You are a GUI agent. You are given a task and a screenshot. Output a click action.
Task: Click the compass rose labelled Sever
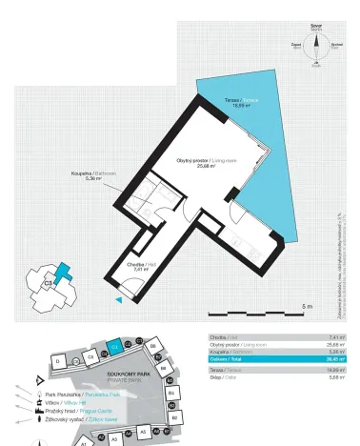pyautogui.click(x=315, y=45)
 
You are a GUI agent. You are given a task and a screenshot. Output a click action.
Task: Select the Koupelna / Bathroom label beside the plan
pyautogui.click(x=93, y=175)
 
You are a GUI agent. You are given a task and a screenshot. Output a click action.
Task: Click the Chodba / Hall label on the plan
pyautogui.click(x=139, y=267)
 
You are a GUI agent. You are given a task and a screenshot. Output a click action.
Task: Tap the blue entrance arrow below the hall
pyautogui.click(x=118, y=300)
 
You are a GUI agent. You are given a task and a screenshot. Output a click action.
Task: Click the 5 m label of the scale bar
pyautogui.click(x=306, y=306)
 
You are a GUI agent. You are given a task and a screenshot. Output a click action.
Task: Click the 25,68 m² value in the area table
pyautogui.click(x=333, y=345)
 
